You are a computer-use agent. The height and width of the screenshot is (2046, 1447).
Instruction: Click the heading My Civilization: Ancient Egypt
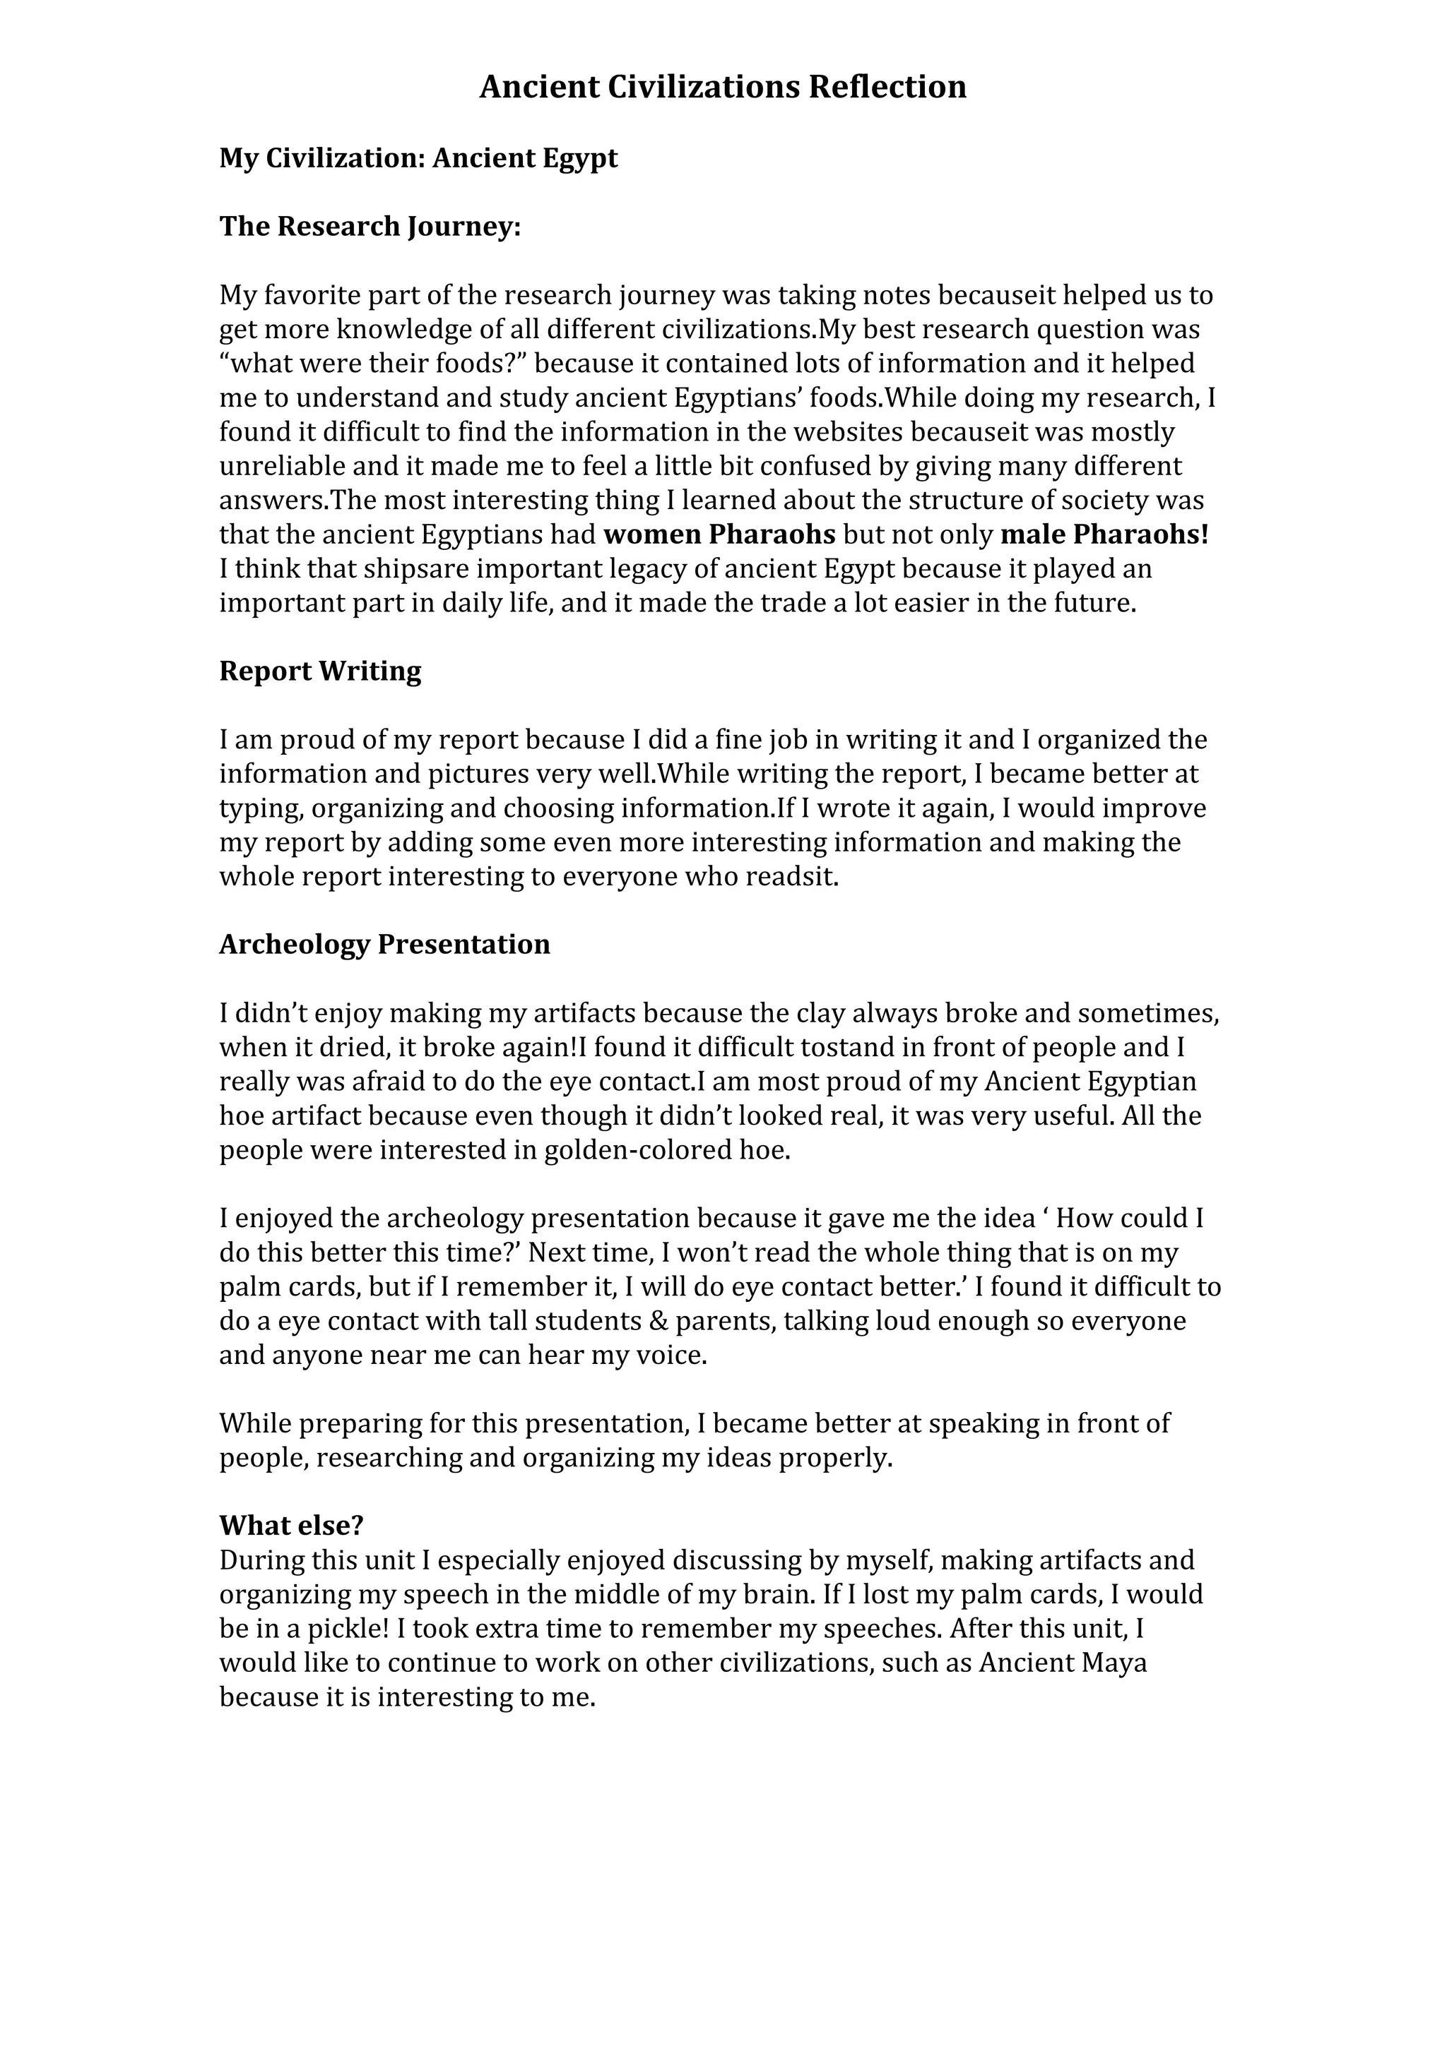[x=418, y=159]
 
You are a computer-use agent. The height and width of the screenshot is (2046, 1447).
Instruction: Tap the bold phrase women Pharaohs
[x=719, y=534]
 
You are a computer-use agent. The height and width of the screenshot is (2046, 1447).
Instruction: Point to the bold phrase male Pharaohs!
[x=1104, y=534]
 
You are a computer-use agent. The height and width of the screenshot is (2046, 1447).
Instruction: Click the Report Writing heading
[x=320, y=671]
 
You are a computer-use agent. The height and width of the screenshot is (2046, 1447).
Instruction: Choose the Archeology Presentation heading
[x=384, y=945]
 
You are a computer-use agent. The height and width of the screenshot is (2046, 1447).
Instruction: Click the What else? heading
[x=292, y=1526]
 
